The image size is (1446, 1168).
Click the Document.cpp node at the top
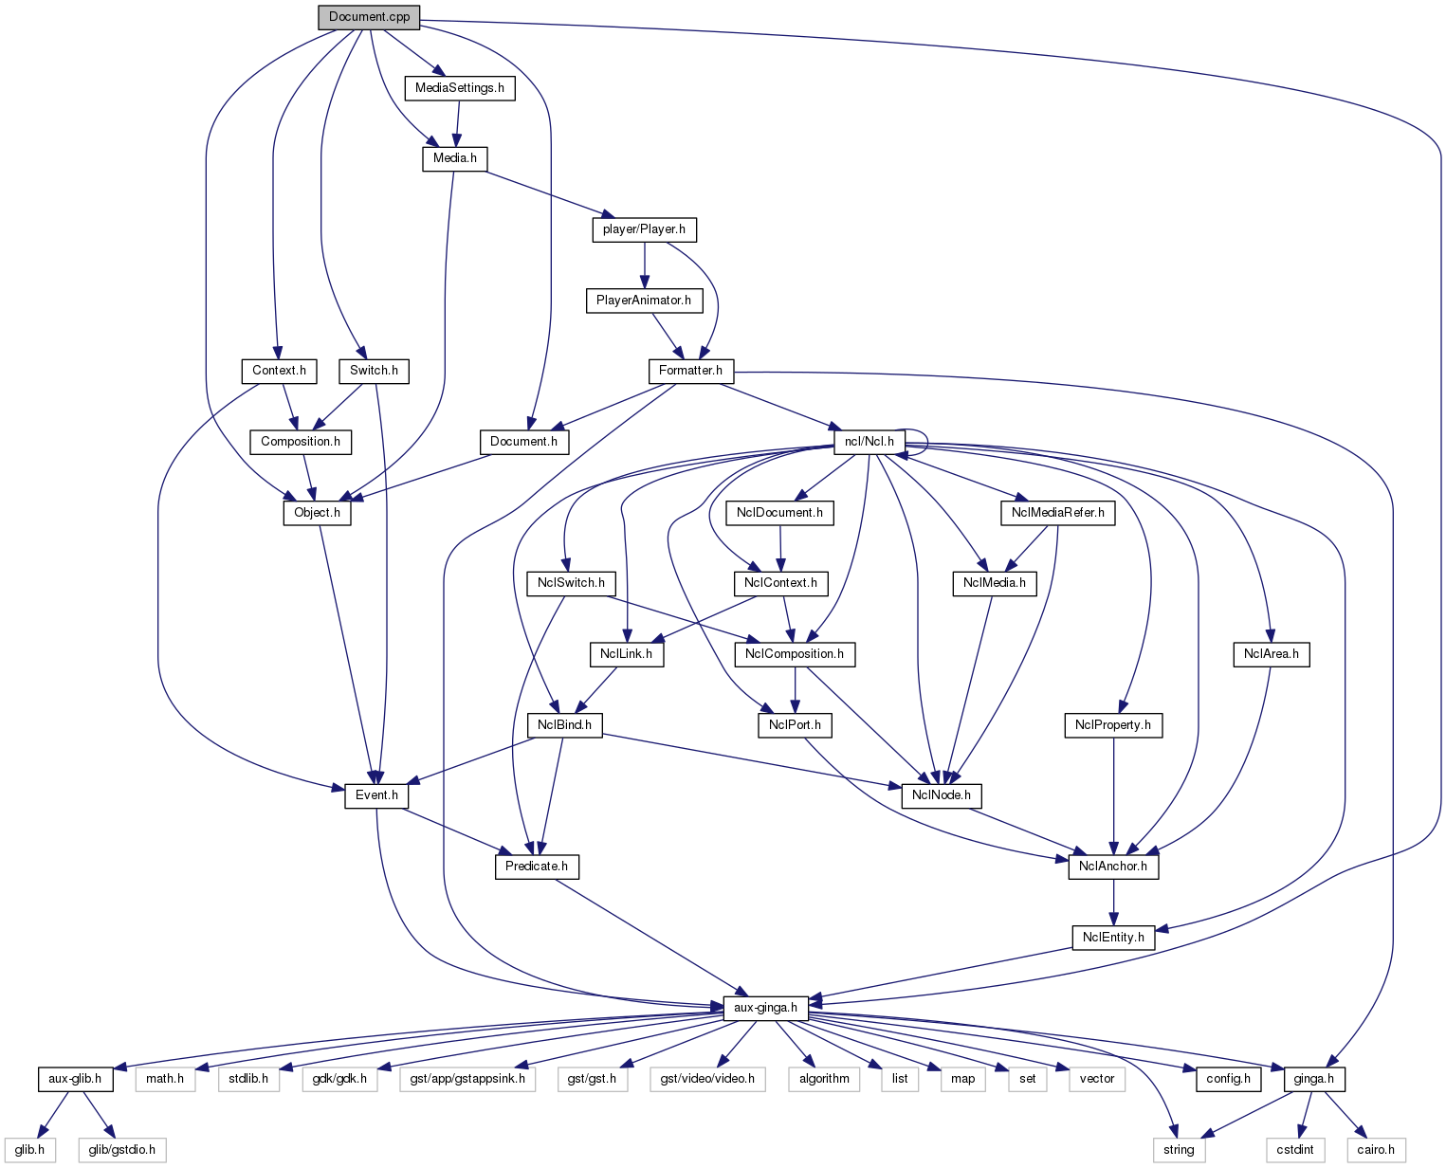pos(369,17)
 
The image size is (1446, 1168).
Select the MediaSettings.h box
pos(460,88)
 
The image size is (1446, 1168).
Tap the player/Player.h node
pos(644,229)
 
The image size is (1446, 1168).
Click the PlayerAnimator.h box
pos(644,301)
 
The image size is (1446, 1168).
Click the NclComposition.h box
pos(795,654)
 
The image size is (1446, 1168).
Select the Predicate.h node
pos(537,867)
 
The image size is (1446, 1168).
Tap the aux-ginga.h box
pos(765,1008)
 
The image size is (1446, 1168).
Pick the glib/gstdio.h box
pos(122,1150)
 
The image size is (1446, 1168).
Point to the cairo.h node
pos(1376,1150)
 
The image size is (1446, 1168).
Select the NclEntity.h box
pos(1113,938)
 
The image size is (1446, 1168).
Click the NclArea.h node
pos(1271,654)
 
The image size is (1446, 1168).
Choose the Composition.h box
pos(301,442)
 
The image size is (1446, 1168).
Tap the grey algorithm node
pos(824,1079)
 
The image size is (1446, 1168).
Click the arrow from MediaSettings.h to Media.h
pos(458,123)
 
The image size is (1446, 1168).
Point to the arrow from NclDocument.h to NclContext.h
pos(780,548)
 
